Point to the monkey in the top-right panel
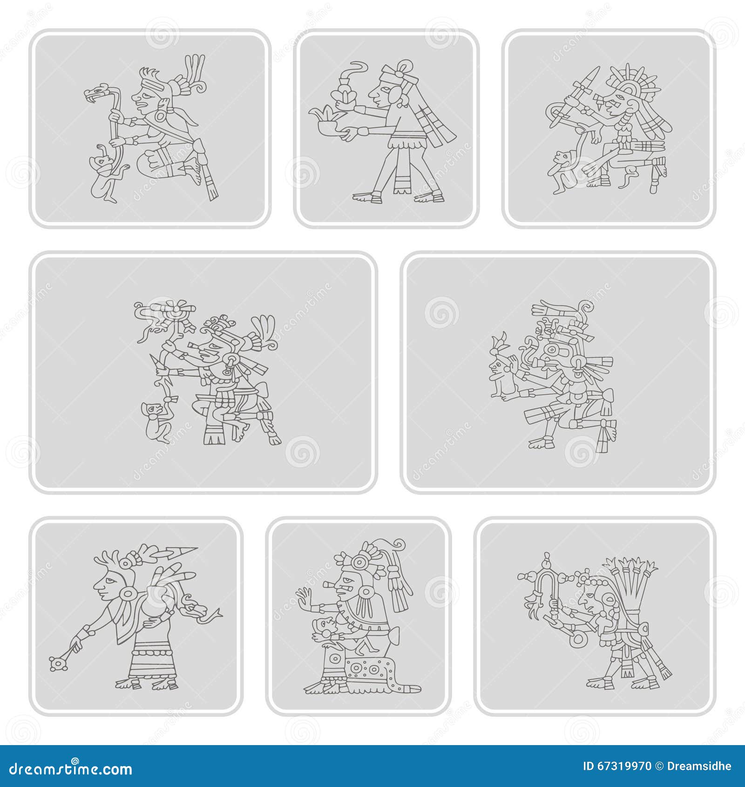[561, 170]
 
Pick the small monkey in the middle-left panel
[156, 421]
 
